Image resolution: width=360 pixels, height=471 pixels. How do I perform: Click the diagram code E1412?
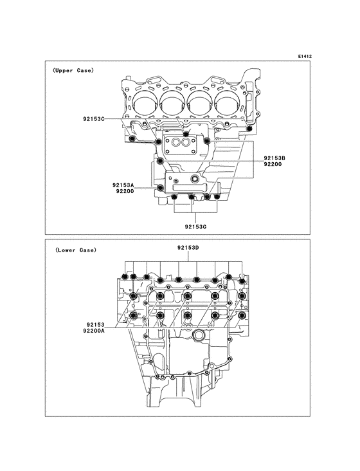[x=305, y=57]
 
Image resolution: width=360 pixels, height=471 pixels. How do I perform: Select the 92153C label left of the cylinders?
[x=95, y=119]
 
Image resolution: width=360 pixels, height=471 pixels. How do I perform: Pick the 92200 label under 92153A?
[x=125, y=192]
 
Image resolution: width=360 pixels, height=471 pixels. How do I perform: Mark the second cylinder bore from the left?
[x=173, y=103]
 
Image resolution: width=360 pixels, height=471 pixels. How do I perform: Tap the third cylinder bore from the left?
[x=201, y=103]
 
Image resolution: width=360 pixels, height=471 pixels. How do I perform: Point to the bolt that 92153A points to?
[x=160, y=187]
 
